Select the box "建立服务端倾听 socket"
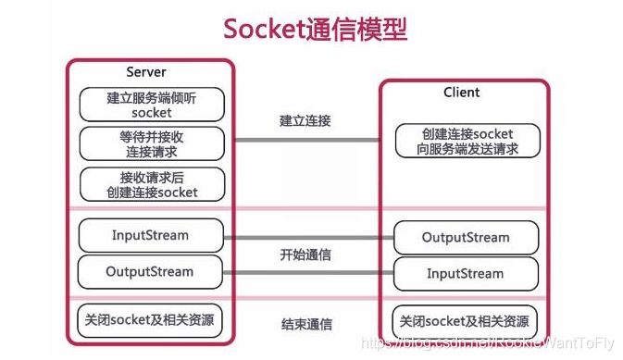(x=152, y=104)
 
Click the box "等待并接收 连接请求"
(x=152, y=143)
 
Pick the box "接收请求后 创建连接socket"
(x=152, y=184)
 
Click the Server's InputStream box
(x=151, y=235)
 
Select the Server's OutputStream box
(x=151, y=272)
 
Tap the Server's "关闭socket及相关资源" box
(x=151, y=321)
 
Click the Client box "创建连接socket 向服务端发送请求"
(x=466, y=142)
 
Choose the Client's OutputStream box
(x=465, y=237)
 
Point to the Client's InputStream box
(x=465, y=274)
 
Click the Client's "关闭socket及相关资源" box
(x=465, y=322)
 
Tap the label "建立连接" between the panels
(x=306, y=120)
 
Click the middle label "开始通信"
(x=306, y=254)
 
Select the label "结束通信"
(x=306, y=324)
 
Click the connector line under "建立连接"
(x=306, y=141)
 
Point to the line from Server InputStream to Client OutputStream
(x=306, y=236)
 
